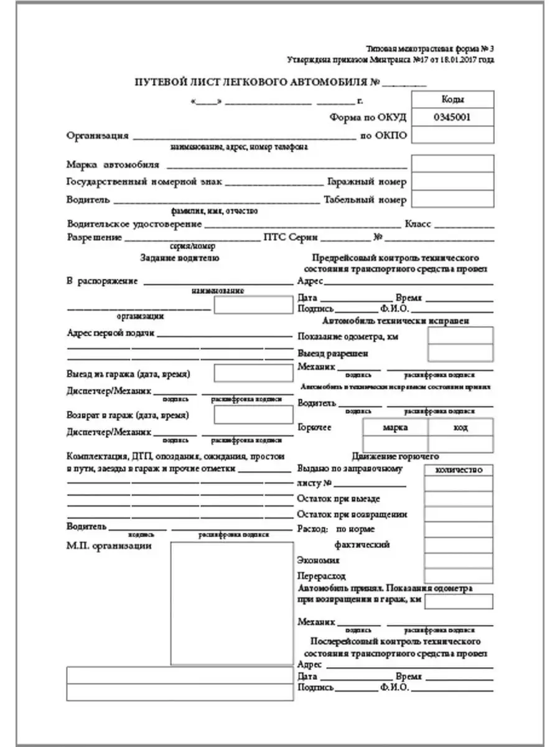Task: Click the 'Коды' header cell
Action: pyautogui.click(x=452, y=100)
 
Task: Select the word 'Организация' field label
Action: pyautogui.click(x=98, y=135)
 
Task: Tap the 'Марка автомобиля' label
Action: pyautogui.click(x=113, y=165)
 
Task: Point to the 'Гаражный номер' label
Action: pyautogui.click(x=366, y=182)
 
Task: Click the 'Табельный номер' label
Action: pyautogui.click(x=365, y=200)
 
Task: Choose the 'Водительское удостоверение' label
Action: pyautogui.click(x=134, y=224)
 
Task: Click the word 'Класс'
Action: pyautogui.click(x=418, y=224)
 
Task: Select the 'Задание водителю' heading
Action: pyautogui.click(x=179, y=258)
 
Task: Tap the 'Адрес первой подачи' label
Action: pyautogui.click(x=110, y=333)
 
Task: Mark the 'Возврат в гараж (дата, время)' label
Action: pyautogui.click(x=128, y=415)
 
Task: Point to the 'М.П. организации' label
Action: pyautogui.click(x=109, y=546)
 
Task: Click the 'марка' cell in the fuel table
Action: pyautogui.click(x=395, y=428)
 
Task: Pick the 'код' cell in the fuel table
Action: pyautogui.click(x=461, y=428)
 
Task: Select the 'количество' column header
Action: pyautogui.click(x=460, y=470)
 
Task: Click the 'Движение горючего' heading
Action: pyautogui.click(x=395, y=456)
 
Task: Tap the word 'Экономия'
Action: pyautogui.click(x=319, y=560)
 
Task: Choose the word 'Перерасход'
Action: pyautogui.click(x=322, y=576)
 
